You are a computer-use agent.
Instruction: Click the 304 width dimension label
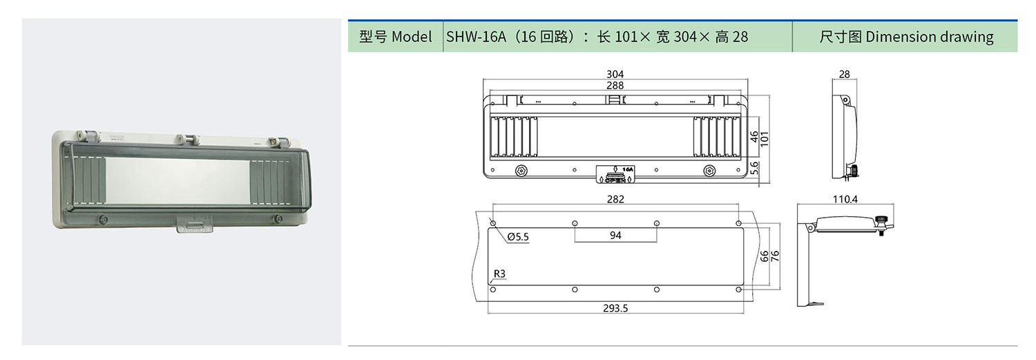click(615, 74)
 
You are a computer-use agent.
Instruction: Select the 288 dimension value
click(615, 86)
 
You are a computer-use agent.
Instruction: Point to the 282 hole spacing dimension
click(615, 199)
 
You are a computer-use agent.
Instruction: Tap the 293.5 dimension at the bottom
click(615, 308)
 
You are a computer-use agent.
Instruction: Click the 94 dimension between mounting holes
click(615, 235)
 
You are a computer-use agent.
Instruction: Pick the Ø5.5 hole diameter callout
click(517, 237)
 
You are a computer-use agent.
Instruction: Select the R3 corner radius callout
click(499, 274)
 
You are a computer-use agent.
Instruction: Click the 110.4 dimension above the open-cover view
click(845, 199)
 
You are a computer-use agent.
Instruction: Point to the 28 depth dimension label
click(844, 74)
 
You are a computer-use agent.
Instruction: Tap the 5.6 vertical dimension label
click(754, 169)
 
